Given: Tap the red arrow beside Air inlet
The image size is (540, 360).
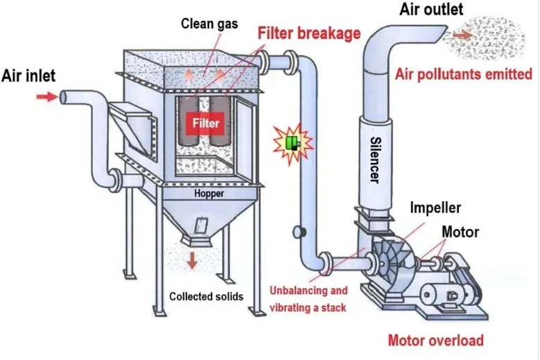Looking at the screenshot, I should (x=47, y=97).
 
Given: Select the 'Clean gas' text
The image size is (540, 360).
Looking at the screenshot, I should (x=209, y=24).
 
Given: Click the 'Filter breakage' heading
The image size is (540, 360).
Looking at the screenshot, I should (x=308, y=33).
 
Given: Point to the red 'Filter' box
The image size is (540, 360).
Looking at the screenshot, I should (x=207, y=123).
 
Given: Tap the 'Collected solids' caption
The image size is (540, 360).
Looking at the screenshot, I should (x=207, y=296).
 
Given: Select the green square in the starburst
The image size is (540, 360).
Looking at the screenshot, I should (x=292, y=144).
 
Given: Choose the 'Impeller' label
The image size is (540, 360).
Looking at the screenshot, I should (x=435, y=207).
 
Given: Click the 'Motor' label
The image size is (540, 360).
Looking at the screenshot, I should (x=460, y=231).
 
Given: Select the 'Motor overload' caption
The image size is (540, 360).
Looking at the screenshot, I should (x=435, y=340).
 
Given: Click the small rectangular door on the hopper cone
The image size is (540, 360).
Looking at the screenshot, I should (x=202, y=226).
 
